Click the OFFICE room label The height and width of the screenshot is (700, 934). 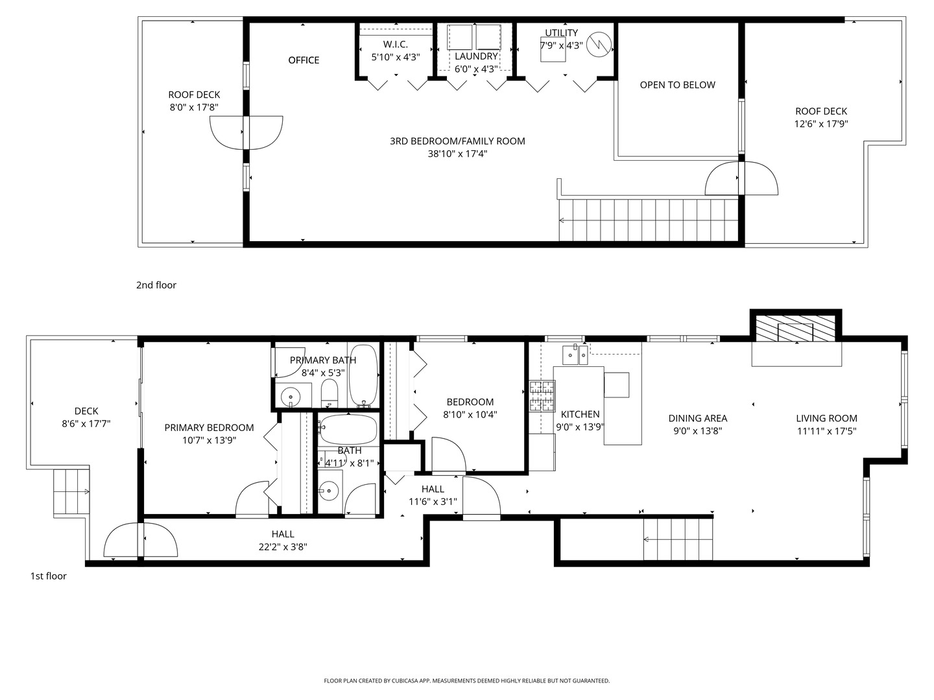pyautogui.click(x=304, y=60)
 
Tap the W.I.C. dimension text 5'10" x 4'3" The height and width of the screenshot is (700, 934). pyautogui.click(x=396, y=56)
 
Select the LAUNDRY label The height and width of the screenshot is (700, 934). pyautogui.click(x=475, y=56)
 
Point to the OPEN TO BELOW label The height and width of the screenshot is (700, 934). pyautogui.click(x=677, y=85)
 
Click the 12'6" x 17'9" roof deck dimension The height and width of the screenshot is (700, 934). pyautogui.click(x=821, y=124)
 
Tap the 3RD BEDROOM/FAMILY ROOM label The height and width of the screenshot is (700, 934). pyautogui.click(x=457, y=141)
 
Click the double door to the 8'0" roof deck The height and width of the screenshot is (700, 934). pyautogui.click(x=246, y=132)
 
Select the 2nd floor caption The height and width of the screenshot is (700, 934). pyautogui.click(x=156, y=285)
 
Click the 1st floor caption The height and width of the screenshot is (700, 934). pyautogui.click(x=48, y=576)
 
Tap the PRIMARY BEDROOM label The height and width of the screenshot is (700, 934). pyautogui.click(x=209, y=427)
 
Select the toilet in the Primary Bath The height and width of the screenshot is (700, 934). pyautogui.click(x=330, y=393)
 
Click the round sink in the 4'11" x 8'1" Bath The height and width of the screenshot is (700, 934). pyautogui.click(x=330, y=491)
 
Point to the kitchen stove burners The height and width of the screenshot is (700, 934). pyautogui.click(x=542, y=396)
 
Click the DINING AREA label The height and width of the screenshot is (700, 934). pyautogui.click(x=697, y=418)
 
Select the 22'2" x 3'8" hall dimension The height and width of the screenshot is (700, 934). pyautogui.click(x=283, y=546)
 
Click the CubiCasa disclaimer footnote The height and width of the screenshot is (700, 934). pyautogui.click(x=466, y=681)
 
